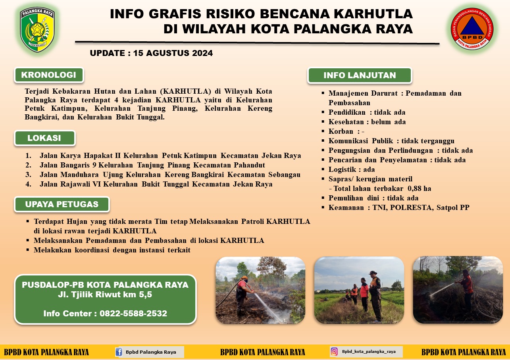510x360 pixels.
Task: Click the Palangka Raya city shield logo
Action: [x=37, y=29]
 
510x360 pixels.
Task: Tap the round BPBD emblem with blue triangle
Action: [x=472, y=29]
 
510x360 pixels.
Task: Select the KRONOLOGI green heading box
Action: [x=49, y=75]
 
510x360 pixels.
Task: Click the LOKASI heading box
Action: [x=44, y=138]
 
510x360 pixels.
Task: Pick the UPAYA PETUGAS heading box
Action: [x=62, y=204]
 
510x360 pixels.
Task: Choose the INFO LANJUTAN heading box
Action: [x=360, y=75]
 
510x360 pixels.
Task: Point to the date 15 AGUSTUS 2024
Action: [x=173, y=53]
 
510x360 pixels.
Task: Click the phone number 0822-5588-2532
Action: [x=133, y=314]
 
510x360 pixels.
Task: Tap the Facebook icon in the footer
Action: [x=119, y=352]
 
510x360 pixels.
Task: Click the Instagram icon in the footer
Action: [x=334, y=352]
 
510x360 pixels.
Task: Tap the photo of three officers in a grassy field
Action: [x=359, y=290]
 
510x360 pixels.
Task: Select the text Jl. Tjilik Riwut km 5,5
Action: [x=105, y=295]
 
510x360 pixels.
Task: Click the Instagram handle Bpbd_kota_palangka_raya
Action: [x=369, y=352]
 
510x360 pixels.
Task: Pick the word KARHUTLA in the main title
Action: [x=373, y=13]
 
